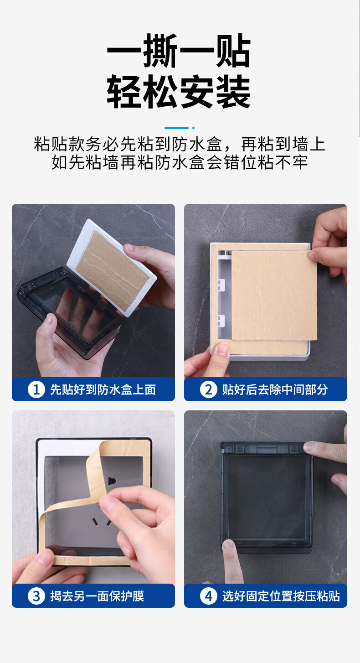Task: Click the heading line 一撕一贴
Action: pyautogui.click(x=179, y=51)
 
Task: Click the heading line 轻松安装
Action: pyautogui.click(x=179, y=91)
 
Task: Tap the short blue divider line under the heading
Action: pyautogui.click(x=177, y=128)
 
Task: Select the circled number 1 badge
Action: pyautogui.click(x=36, y=389)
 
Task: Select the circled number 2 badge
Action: pyautogui.click(x=209, y=389)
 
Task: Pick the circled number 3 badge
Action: pyautogui.click(x=36, y=596)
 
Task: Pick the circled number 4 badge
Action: pyautogui.click(x=209, y=596)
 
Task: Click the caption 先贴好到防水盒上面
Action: pyautogui.click(x=103, y=389)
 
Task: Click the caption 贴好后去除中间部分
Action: pyautogui.click(x=275, y=389)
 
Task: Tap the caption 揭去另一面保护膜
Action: pyautogui.click(x=97, y=596)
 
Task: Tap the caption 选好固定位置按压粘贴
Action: pyautogui.click(x=281, y=596)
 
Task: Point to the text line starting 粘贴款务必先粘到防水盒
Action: pyautogui.click(x=180, y=144)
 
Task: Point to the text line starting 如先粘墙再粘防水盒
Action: pyautogui.click(x=180, y=162)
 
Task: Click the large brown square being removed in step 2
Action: pyautogui.click(x=274, y=295)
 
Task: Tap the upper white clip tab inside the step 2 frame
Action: pyautogui.click(x=221, y=285)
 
